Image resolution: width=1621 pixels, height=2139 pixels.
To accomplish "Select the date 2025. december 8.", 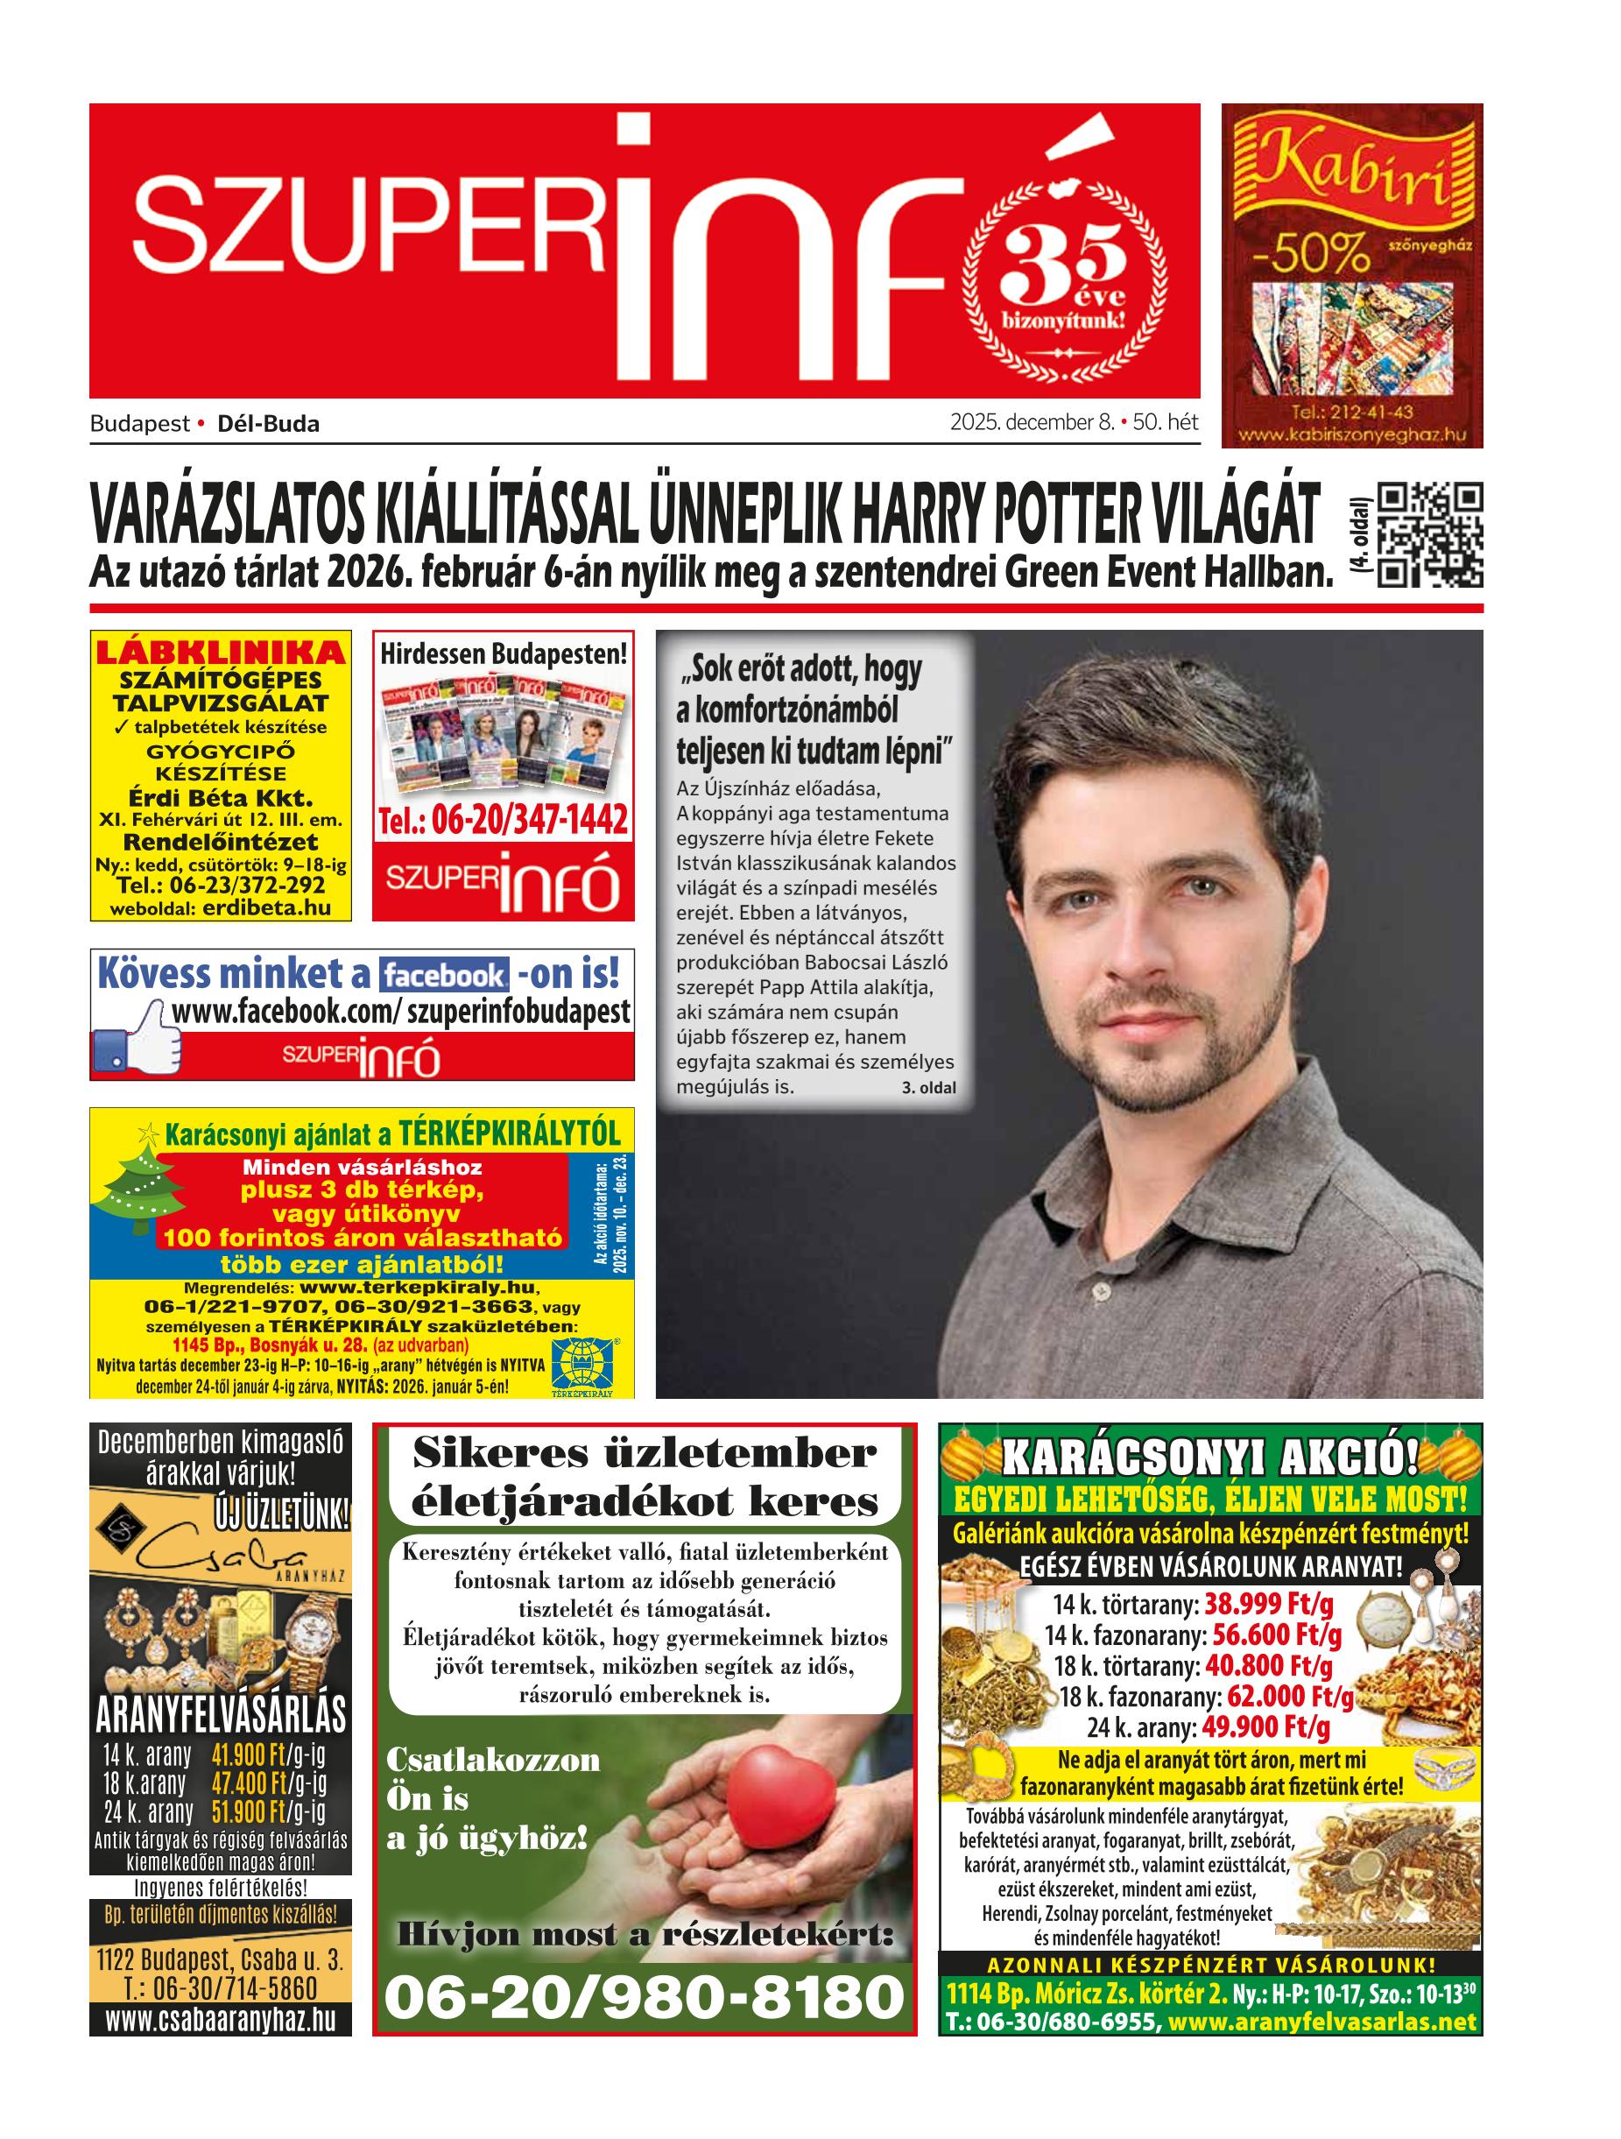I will (1033, 422).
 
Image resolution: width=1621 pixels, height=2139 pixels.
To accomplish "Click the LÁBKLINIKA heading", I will (221, 652).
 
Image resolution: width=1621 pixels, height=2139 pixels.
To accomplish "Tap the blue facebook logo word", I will (444, 975).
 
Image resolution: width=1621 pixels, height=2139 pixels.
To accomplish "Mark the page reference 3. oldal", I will (928, 1088).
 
